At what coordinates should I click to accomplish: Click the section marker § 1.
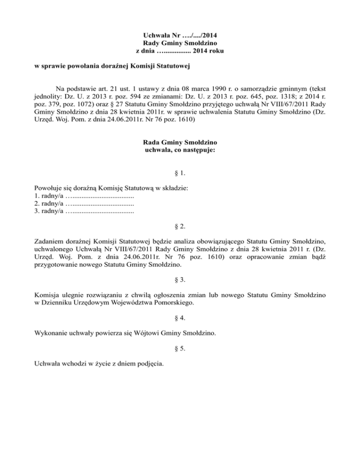(180, 173)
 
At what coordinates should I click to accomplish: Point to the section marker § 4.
(180, 318)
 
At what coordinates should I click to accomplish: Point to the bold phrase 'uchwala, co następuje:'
(180, 150)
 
